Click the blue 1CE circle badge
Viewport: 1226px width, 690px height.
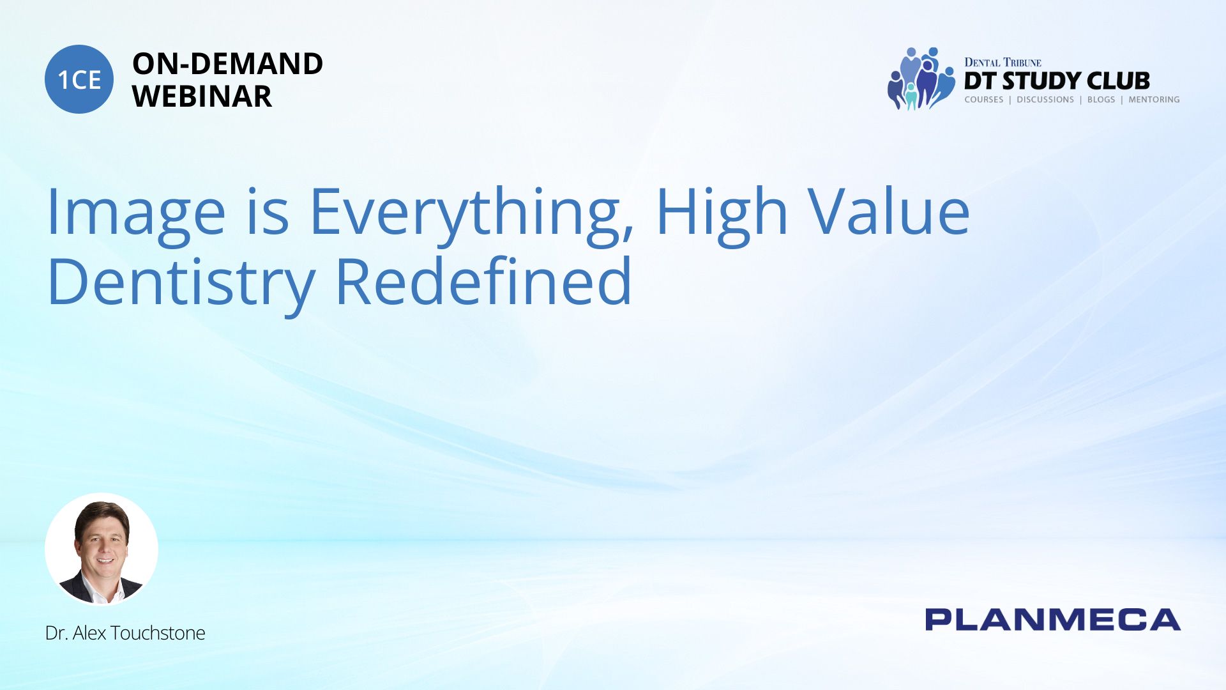click(x=79, y=79)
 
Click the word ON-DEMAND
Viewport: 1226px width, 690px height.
click(x=227, y=64)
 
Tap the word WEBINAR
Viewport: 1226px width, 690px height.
click(x=202, y=96)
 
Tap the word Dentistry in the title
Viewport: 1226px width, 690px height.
click(x=181, y=282)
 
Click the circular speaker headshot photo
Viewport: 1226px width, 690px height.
click(x=102, y=549)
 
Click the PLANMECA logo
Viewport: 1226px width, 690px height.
click(x=1053, y=620)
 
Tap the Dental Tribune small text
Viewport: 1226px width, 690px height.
click(x=1003, y=63)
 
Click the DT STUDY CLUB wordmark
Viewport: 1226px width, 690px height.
click(x=1057, y=80)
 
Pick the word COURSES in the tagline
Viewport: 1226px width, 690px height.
click(x=983, y=100)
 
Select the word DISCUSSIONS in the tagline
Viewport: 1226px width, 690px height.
click(x=1045, y=100)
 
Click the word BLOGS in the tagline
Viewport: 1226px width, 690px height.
click(x=1101, y=100)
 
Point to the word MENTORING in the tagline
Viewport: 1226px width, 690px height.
click(x=1154, y=100)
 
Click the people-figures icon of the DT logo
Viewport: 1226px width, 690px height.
click(x=921, y=79)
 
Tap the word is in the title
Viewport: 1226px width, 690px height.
click(x=268, y=211)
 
